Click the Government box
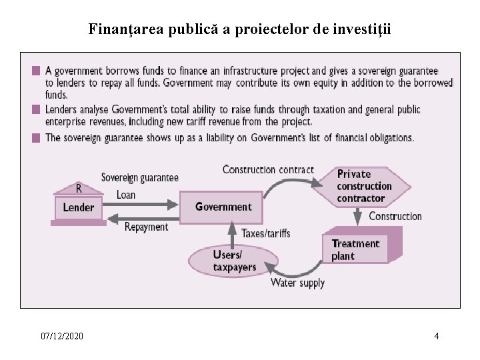point(223,207)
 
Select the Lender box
point(79,207)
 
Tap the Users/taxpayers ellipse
point(231,261)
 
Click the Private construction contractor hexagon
point(364,186)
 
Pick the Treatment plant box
point(361,249)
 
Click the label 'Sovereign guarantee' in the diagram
point(139,177)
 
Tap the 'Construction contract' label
point(268,169)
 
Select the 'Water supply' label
point(297,283)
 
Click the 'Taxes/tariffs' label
point(265,233)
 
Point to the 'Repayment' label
point(146,227)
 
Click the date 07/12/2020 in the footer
point(62,336)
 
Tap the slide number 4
point(436,336)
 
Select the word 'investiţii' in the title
point(364,29)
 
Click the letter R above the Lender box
point(78,187)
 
